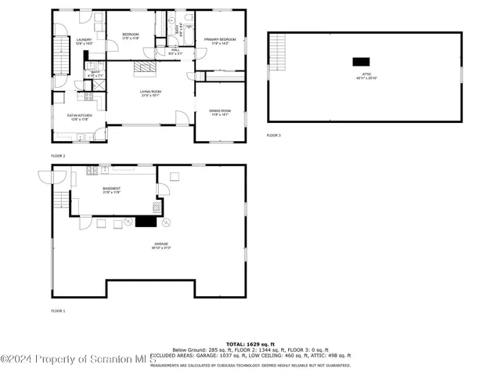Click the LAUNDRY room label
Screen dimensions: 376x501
coord(84,42)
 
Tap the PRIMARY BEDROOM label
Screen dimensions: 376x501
coord(220,42)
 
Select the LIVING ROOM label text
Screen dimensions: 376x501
coord(150,94)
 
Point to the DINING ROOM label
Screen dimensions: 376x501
coord(220,113)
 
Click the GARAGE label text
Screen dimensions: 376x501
coord(161,245)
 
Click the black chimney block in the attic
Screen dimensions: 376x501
coord(361,62)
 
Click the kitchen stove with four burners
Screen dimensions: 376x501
coord(88,98)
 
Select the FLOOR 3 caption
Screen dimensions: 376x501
coord(273,136)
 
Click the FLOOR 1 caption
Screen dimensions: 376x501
coord(58,311)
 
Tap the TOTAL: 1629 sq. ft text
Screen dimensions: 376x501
coord(250,344)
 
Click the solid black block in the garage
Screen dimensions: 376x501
coord(146,222)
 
